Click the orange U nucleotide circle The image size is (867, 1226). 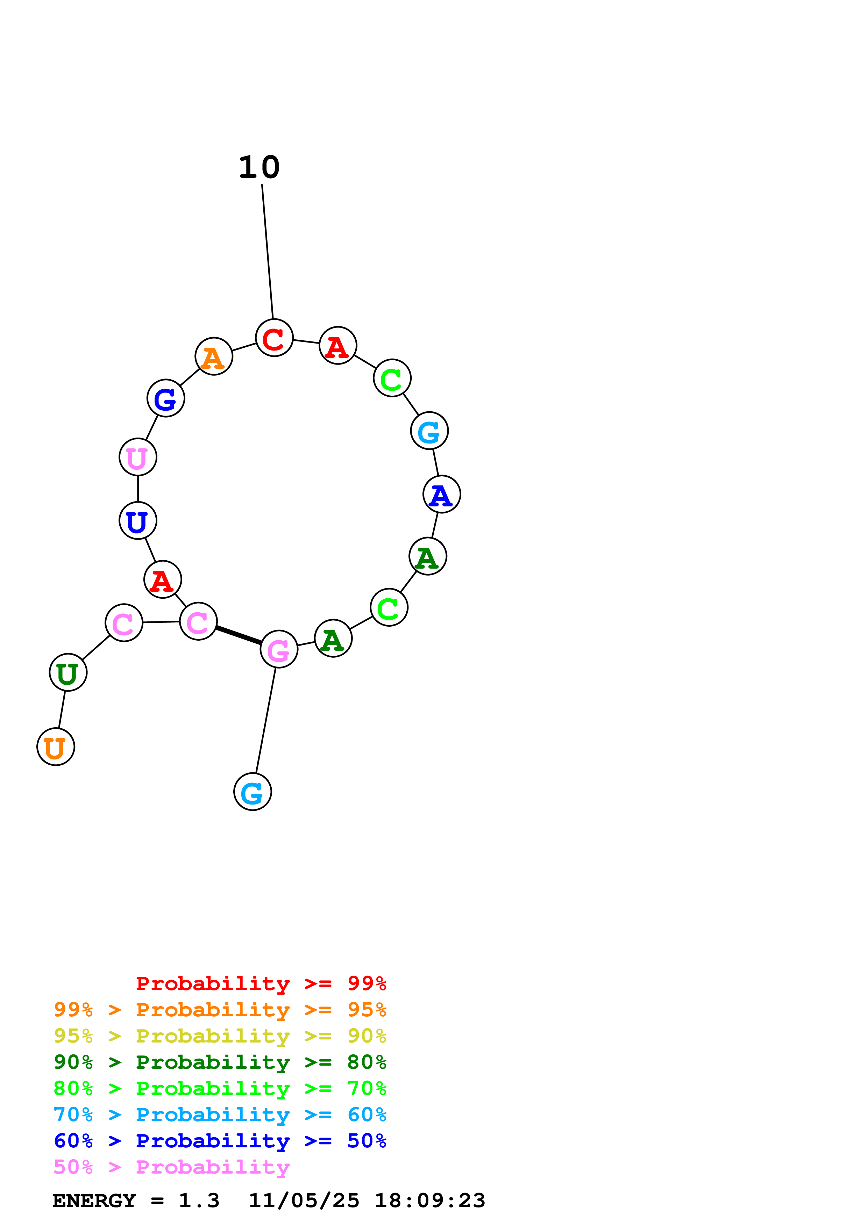point(56,747)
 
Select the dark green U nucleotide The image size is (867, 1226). point(68,672)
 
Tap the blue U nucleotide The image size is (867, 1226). point(138,521)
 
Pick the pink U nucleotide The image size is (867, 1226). point(138,457)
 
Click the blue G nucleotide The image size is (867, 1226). point(165,398)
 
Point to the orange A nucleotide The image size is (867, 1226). point(214,356)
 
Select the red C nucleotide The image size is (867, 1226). point(274,338)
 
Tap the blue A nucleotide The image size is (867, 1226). point(441,495)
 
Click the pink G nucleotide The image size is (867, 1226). point(279,649)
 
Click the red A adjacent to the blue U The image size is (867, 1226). point(163,579)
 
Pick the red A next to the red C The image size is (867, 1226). point(337,346)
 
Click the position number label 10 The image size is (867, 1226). point(259,168)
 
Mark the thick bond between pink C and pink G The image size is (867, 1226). point(238,635)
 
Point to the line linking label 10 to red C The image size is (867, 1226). point(267,251)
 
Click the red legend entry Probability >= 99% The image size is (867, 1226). point(261,983)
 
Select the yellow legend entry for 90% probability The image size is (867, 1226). point(220,1036)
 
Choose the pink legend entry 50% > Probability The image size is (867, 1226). point(171,1167)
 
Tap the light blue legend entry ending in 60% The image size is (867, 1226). point(220,1115)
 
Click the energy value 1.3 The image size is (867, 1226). point(199,1201)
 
